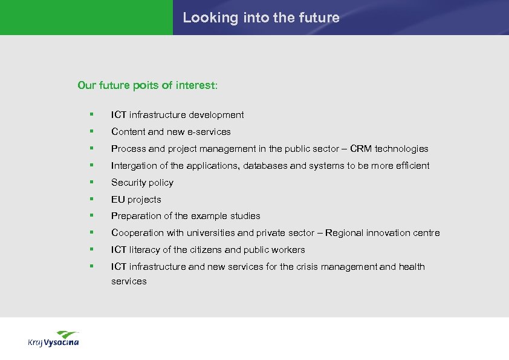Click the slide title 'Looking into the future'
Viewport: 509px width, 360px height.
point(261,18)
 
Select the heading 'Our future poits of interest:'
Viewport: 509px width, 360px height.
point(148,85)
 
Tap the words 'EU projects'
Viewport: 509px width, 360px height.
point(136,200)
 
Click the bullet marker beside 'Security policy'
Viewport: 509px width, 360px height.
point(91,182)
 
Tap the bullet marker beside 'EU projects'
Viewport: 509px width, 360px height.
point(91,199)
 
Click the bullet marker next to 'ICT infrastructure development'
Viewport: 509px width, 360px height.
point(91,114)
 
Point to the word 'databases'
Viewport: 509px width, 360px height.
point(265,166)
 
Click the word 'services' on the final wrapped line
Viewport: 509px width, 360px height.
point(129,281)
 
